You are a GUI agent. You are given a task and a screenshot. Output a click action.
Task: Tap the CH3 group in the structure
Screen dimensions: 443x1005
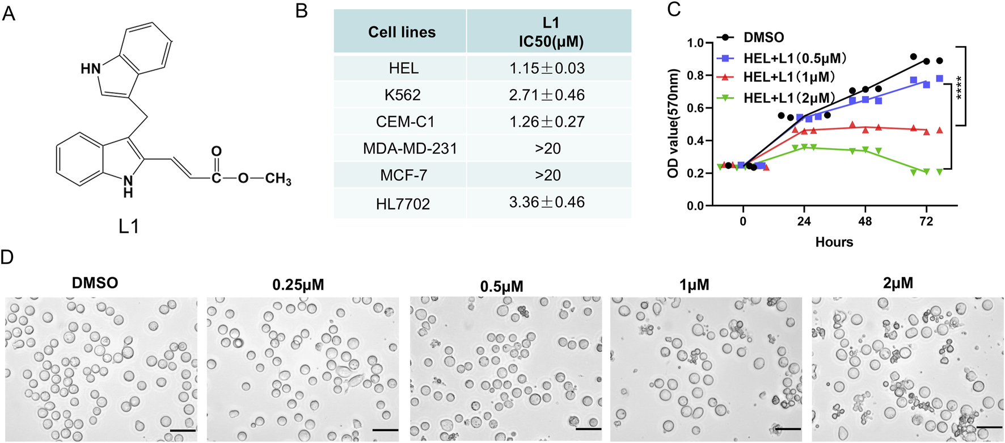click(x=278, y=179)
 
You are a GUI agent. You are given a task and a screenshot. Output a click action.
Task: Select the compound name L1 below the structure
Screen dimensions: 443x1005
click(x=129, y=227)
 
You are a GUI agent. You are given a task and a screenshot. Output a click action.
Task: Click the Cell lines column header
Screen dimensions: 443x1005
click(x=402, y=32)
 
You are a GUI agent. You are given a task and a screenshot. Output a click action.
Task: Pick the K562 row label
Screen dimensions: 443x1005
click(x=402, y=95)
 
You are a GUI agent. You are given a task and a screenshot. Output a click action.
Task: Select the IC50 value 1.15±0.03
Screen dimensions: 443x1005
click(x=547, y=68)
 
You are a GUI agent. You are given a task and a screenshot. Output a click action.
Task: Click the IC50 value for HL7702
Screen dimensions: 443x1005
click(x=547, y=202)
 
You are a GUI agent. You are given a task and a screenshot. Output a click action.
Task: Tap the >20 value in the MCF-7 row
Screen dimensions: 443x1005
click(x=547, y=175)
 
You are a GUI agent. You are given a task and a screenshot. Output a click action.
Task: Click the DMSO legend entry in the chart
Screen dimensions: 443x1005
click(x=763, y=38)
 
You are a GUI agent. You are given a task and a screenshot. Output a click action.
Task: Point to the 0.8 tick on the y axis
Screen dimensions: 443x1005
click(x=695, y=76)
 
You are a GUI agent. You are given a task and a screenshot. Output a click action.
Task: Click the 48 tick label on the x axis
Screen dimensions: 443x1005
click(x=865, y=221)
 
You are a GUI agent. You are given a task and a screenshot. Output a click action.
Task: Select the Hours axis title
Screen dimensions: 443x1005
click(x=834, y=243)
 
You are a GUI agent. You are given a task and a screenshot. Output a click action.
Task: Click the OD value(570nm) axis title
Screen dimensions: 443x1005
click(x=674, y=124)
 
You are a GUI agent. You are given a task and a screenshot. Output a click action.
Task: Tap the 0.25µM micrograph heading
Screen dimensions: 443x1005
click(x=298, y=285)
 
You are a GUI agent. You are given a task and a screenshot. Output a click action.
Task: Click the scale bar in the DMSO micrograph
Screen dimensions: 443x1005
click(x=183, y=431)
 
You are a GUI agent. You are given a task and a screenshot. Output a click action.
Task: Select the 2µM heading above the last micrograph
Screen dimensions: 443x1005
click(x=898, y=283)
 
